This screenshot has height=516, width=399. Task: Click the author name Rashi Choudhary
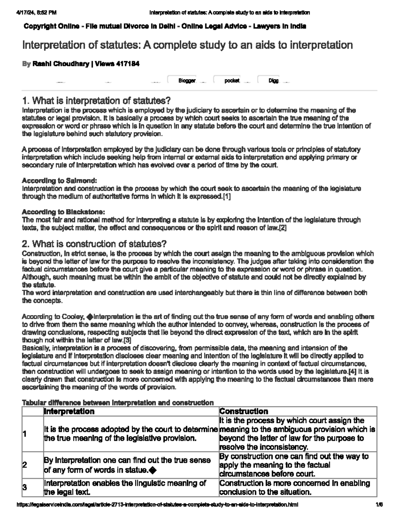coord(61,64)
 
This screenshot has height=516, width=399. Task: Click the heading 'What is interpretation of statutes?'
coord(96,100)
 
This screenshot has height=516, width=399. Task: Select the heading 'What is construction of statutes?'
coord(94,244)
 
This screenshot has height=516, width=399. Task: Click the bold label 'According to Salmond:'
coord(59,181)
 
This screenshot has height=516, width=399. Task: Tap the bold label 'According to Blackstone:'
coord(64,212)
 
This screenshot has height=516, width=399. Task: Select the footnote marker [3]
coord(127,340)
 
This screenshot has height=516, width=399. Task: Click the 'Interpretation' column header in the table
coord(69,411)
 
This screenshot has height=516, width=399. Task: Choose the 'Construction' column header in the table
coord(244,411)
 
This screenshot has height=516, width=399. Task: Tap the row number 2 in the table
coord(24,465)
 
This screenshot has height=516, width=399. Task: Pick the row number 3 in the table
coord(24,488)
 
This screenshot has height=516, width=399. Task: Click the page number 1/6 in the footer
coord(379,505)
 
